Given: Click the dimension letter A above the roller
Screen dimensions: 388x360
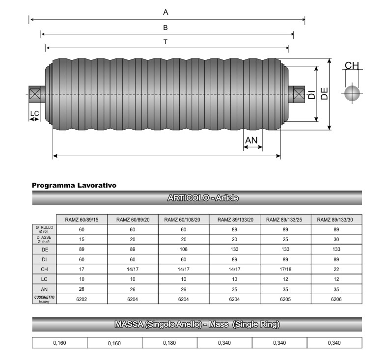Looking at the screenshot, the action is (x=166, y=12).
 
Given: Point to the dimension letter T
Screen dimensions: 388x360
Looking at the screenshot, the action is (x=166, y=42).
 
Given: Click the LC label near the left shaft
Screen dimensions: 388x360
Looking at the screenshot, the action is (x=35, y=113).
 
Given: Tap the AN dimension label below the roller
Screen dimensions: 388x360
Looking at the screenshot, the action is (x=251, y=140).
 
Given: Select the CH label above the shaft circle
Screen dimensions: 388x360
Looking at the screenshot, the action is (x=352, y=66).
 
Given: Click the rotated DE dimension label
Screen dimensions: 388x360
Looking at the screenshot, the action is (x=324, y=93).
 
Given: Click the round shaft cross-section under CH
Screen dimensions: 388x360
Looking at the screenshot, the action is (x=352, y=93).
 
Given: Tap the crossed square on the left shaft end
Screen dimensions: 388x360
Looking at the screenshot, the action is (x=35, y=94).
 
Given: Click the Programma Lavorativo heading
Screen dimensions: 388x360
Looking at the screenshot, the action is (x=74, y=185).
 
